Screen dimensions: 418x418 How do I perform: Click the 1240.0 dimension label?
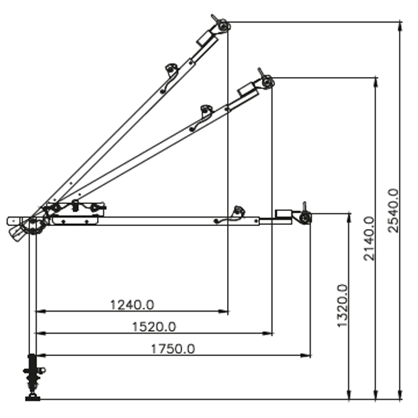coord(132,305)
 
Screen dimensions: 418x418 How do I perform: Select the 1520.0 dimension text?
coord(154,327)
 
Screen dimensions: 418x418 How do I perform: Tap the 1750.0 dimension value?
coord(173,349)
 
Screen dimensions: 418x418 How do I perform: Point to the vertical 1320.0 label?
coord(343,306)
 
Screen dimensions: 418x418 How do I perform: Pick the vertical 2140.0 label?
coord(369,239)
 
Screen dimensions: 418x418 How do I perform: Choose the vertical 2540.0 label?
coord(393,211)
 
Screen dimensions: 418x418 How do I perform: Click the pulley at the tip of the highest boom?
coord(223,27)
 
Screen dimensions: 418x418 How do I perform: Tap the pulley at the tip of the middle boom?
coord(268,82)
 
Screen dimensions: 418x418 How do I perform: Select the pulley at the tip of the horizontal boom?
coord(305,218)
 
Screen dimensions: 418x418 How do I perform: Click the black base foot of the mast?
coord(33,399)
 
